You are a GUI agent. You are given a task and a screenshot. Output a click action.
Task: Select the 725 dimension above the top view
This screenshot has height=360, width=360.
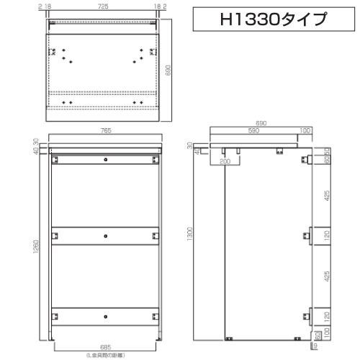point(104,6)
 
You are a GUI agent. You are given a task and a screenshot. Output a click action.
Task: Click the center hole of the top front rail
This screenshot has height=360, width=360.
point(105,158)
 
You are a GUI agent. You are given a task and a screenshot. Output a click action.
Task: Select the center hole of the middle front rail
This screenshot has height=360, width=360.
point(105,235)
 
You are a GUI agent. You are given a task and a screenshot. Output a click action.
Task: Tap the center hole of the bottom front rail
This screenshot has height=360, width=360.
point(105,317)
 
